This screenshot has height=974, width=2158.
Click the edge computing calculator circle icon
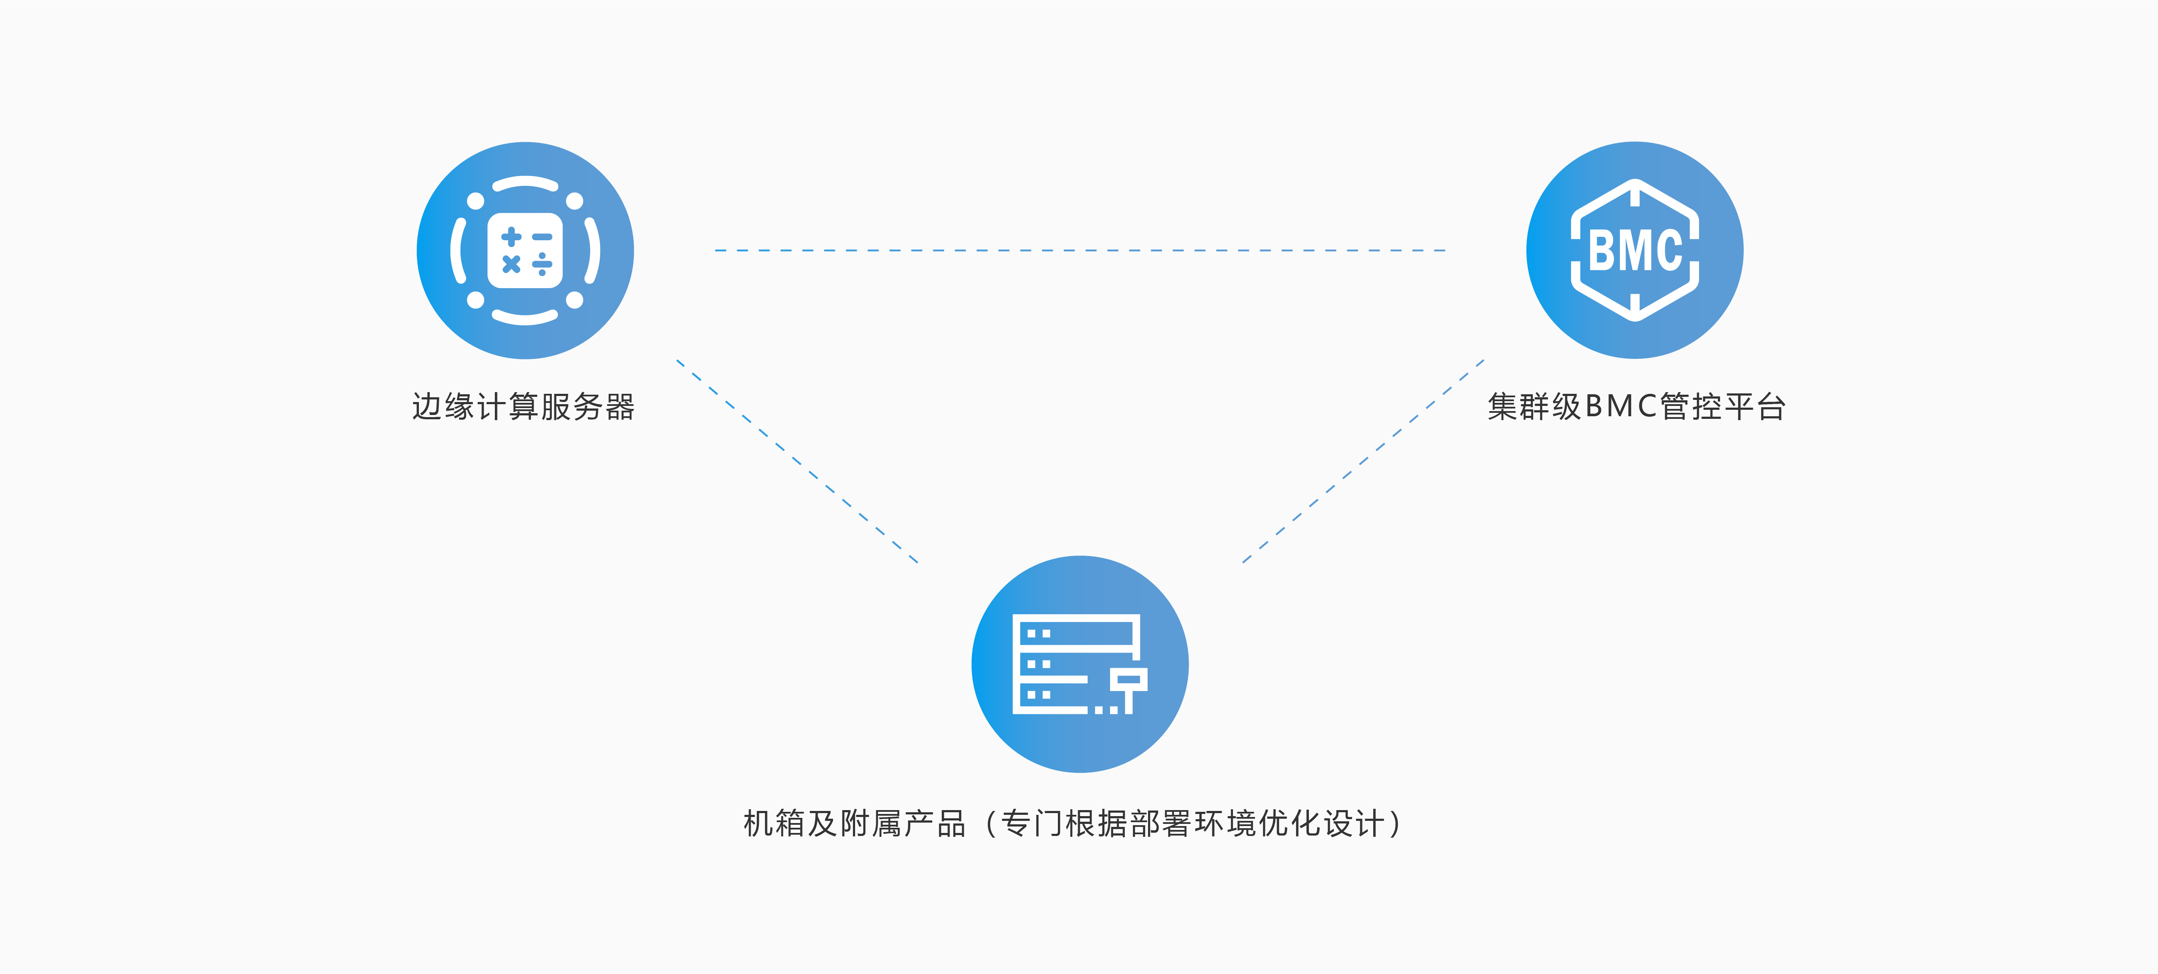coord(525,251)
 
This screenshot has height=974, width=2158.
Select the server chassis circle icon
coord(1080,664)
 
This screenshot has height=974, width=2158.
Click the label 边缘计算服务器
coord(524,407)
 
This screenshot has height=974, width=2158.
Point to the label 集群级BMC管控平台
coord(1636,407)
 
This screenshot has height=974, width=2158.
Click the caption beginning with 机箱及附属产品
coord(1072,824)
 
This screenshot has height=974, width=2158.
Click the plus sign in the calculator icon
coord(511,237)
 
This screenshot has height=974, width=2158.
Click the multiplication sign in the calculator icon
coord(511,265)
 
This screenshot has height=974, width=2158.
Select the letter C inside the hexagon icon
coord(1669,251)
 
